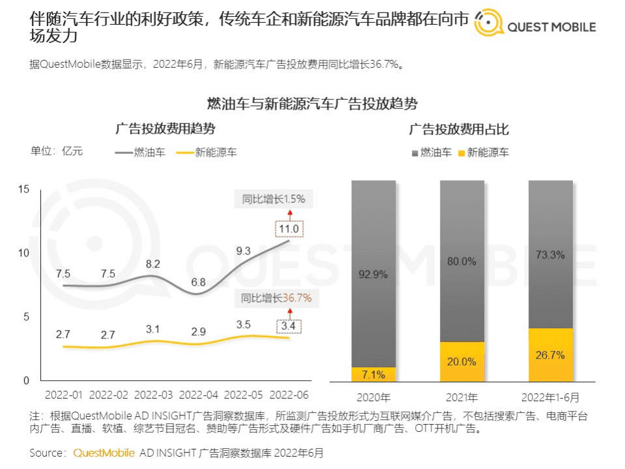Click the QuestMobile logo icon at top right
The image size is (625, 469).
[488, 25]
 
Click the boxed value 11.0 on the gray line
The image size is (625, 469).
[288, 229]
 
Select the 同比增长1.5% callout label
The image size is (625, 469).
[273, 199]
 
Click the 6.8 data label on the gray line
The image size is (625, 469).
[198, 282]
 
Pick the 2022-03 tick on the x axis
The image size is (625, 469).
[155, 395]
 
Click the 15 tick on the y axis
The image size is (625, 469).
[24, 189]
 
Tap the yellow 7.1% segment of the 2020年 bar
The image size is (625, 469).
[373, 374]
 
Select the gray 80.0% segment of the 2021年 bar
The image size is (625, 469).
[462, 261]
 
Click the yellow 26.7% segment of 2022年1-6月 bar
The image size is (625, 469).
[551, 355]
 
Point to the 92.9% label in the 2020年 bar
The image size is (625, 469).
[373, 275]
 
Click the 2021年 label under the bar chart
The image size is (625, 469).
[462, 397]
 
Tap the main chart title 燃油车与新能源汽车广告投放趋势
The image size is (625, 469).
[312, 103]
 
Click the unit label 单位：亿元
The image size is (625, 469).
[57, 151]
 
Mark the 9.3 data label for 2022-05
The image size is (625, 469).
[243, 250]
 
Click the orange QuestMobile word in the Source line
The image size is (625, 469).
[104, 453]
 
